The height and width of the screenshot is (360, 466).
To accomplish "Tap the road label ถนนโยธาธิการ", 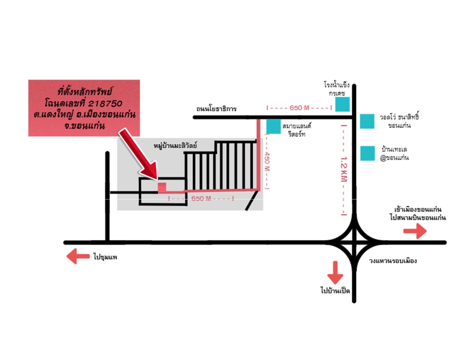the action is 216,109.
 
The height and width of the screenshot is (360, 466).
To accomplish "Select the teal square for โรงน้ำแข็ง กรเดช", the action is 342,104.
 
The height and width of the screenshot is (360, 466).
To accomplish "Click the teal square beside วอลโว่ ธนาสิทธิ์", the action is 367,121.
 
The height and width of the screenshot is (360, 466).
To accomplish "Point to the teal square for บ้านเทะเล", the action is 367,153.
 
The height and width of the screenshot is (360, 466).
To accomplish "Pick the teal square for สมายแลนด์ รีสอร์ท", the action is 273,126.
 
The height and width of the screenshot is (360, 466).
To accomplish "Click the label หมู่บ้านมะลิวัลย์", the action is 175,146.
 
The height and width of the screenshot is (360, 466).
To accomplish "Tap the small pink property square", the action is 162,187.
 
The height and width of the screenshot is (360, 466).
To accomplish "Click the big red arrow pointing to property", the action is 138,154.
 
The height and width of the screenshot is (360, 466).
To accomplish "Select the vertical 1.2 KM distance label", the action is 344,170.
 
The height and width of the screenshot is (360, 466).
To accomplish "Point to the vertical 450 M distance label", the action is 267,161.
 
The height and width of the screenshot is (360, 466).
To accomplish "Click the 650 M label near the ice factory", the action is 299,108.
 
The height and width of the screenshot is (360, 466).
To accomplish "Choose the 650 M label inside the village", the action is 201,198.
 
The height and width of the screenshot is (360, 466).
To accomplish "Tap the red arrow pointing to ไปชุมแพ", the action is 78,256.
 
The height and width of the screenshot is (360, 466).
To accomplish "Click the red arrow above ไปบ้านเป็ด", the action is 335,273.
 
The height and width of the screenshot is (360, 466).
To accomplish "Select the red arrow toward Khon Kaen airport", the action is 415,231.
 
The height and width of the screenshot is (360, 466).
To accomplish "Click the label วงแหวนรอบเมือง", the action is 393,261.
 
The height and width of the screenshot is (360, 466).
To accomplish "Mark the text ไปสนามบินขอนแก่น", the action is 418,218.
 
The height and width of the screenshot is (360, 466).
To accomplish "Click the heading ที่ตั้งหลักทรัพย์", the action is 85,92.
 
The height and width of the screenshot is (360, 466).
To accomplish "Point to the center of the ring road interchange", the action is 354,243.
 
